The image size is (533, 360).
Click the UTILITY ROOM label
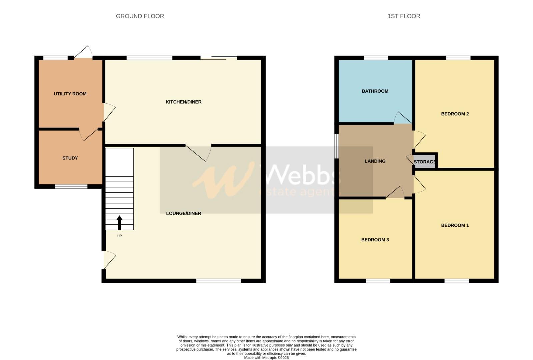pyautogui.click(x=70, y=94)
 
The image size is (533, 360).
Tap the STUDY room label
pyautogui.click(x=70, y=158)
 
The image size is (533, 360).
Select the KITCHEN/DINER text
pyautogui.click(x=183, y=102)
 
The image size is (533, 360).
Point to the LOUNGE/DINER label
pyautogui.click(x=183, y=213)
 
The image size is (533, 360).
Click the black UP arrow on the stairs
pyautogui.click(x=119, y=222)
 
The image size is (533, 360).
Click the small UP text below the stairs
pyautogui.click(x=119, y=236)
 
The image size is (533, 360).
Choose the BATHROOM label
pyautogui.click(x=375, y=91)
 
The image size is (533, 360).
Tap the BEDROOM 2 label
pyautogui.click(x=455, y=114)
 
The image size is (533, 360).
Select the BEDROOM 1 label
pyautogui.click(x=455, y=225)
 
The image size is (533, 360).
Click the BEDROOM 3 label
pyautogui.click(x=375, y=240)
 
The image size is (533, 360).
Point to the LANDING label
pyautogui.click(x=375, y=161)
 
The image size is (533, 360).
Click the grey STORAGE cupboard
pyautogui.click(x=425, y=162)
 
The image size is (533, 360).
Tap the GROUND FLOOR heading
pyautogui.click(x=140, y=16)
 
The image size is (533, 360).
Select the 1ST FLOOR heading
pyautogui.click(x=404, y=16)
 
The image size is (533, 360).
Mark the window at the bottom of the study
pyautogui.click(x=71, y=187)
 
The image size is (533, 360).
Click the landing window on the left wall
pyautogui.click(x=337, y=146)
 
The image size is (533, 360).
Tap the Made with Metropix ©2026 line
pyautogui.click(x=266, y=358)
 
